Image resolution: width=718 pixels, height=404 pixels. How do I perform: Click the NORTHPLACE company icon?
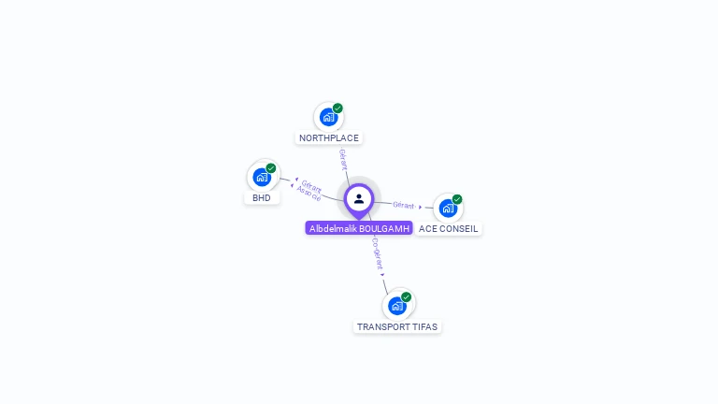(x=327, y=117)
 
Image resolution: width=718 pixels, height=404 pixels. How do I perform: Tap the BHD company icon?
(x=261, y=177)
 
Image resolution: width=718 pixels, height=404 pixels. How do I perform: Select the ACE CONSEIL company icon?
(x=447, y=208)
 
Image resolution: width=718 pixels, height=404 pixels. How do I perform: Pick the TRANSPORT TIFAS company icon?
(x=396, y=306)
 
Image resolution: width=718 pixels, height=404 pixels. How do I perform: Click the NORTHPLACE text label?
(x=328, y=138)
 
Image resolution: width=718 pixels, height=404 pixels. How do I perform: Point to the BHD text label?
(x=262, y=198)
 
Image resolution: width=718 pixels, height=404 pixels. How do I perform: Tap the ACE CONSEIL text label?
(x=449, y=229)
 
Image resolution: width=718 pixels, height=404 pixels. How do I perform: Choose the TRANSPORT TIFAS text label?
(x=397, y=327)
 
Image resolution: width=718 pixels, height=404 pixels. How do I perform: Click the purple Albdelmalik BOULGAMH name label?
(x=359, y=228)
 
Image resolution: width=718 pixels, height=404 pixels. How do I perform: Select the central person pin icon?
(x=359, y=198)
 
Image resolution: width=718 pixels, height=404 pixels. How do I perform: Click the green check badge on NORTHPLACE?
(x=337, y=108)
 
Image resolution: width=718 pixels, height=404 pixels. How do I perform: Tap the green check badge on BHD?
(x=271, y=168)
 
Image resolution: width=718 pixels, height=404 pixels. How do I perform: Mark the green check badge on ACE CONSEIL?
(x=457, y=199)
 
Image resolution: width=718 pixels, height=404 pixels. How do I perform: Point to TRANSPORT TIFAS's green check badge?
(x=407, y=297)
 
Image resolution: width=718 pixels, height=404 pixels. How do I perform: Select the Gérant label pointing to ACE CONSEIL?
(x=404, y=205)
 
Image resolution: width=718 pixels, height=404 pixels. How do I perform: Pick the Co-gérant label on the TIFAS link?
(x=376, y=252)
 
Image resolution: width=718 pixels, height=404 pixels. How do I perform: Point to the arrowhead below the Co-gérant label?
(x=382, y=274)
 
